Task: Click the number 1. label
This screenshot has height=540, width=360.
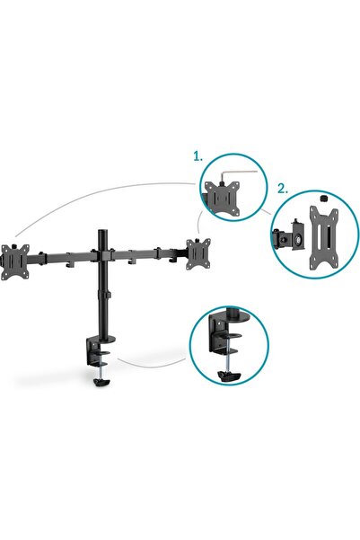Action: (198, 155)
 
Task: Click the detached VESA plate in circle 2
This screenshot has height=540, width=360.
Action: (320, 233)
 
